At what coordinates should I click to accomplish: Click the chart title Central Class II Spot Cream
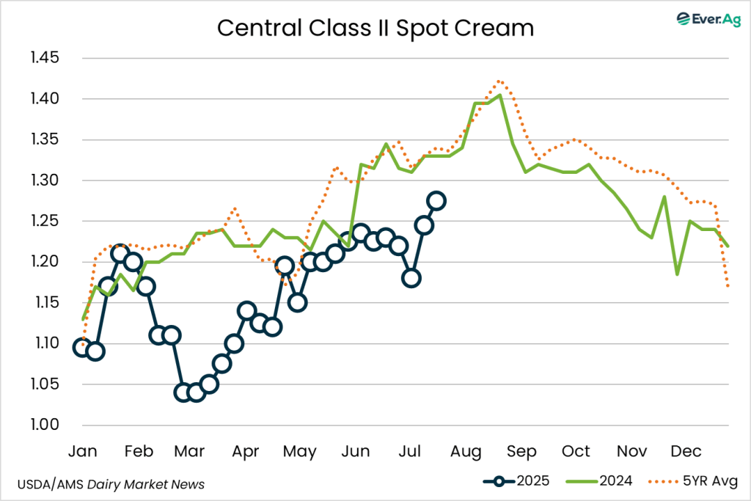click(x=375, y=28)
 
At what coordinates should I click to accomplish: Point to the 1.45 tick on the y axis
click(x=45, y=58)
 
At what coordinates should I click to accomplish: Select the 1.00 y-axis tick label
click(x=45, y=425)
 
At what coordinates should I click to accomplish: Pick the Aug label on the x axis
click(x=464, y=450)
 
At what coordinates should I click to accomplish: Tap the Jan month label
click(x=82, y=450)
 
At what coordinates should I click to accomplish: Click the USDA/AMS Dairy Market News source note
click(x=110, y=484)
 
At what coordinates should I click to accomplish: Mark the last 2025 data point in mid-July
click(x=436, y=201)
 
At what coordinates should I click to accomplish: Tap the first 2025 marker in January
click(x=82, y=348)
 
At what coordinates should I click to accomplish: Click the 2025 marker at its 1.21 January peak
click(x=121, y=254)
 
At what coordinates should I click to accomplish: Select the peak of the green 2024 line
click(x=499, y=95)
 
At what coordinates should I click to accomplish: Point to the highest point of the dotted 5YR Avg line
click(x=499, y=81)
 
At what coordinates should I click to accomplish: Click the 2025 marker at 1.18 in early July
click(x=411, y=278)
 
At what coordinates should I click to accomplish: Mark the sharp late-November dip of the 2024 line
click(x=677, y=274)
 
